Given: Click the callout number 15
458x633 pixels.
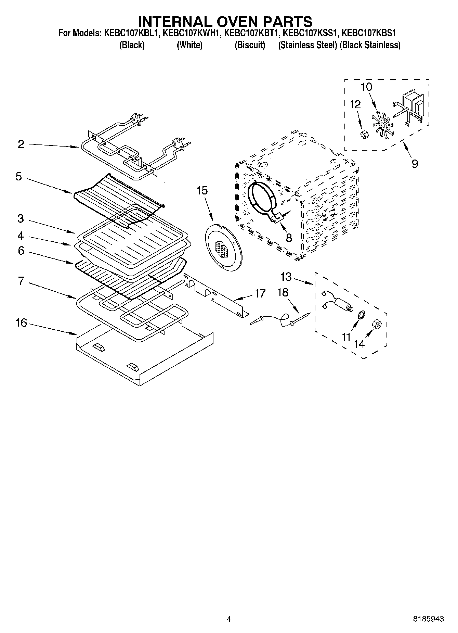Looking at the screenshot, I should pyautogui.click(x=202, y=191).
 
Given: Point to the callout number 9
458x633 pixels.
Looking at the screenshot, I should pyautogui.click(x=415, y=164).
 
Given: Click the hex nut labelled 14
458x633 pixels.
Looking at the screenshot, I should pyautogui.click(x=377, y=323).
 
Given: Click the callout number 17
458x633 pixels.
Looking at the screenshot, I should pyautogui.click(x=260, y=293).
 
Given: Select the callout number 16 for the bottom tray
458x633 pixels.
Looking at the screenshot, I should pyautogui.click(x=21, y=322).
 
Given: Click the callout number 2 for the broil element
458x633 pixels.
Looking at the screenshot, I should pyautogui.click(x=21, y=144).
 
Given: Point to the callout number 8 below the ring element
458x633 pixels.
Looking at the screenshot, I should pyautogui.click(x=289, y=238).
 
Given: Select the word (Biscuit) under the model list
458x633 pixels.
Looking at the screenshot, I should pyautogui.click(x=250, y=45).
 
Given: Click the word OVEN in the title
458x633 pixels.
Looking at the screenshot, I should pyautogui.click(x=224, y=21).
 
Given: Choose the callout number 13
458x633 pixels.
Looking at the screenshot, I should pyautogui.click(x=286, y=276).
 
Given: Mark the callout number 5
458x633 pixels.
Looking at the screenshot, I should pyautogui.click(x=19, y=177).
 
